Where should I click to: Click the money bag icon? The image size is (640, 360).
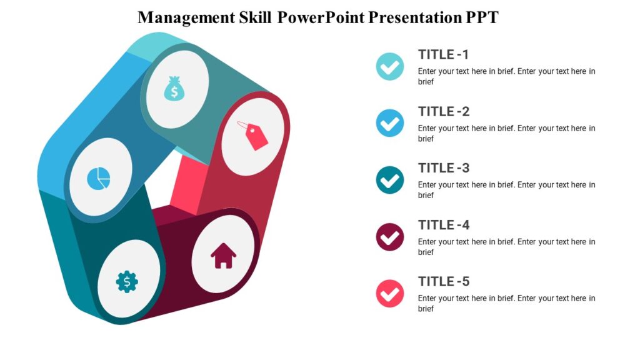(174, 89)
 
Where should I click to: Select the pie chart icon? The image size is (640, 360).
(99, 178)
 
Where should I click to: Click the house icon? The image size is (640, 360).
(223, 256)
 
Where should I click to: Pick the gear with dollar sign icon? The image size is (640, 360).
(127, 282)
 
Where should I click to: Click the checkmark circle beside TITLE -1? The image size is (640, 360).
(390, 66)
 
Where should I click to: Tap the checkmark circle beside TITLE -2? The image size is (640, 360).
(390, 123)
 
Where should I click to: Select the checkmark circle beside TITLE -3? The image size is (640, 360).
(390, 180)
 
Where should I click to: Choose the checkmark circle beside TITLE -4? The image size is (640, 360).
(390, 237)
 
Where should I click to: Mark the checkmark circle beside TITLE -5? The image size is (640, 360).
(390, 294)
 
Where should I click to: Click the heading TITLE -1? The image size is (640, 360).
(444, 54)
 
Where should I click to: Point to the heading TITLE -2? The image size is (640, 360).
(444, 112)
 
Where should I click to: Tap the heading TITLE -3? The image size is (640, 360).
(444, 168)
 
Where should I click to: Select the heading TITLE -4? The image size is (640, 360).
(444, 225)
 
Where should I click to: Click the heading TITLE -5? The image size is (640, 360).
(444, 282)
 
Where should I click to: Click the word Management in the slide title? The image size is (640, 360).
(186, 17)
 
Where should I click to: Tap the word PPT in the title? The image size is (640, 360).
(481, 17)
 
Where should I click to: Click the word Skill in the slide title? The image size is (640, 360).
(255, 17)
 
